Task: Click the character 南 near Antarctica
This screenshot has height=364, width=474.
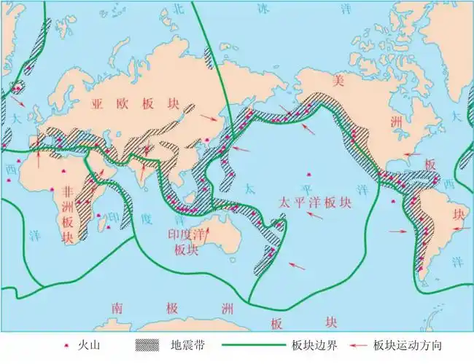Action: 117,309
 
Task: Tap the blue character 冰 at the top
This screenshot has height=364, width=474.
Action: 263,9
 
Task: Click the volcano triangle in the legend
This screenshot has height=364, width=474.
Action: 66,344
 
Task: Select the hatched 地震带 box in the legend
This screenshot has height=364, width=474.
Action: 148,344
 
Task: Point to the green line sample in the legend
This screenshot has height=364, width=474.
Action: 252,344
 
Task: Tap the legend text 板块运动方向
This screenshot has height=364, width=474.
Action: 408,344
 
